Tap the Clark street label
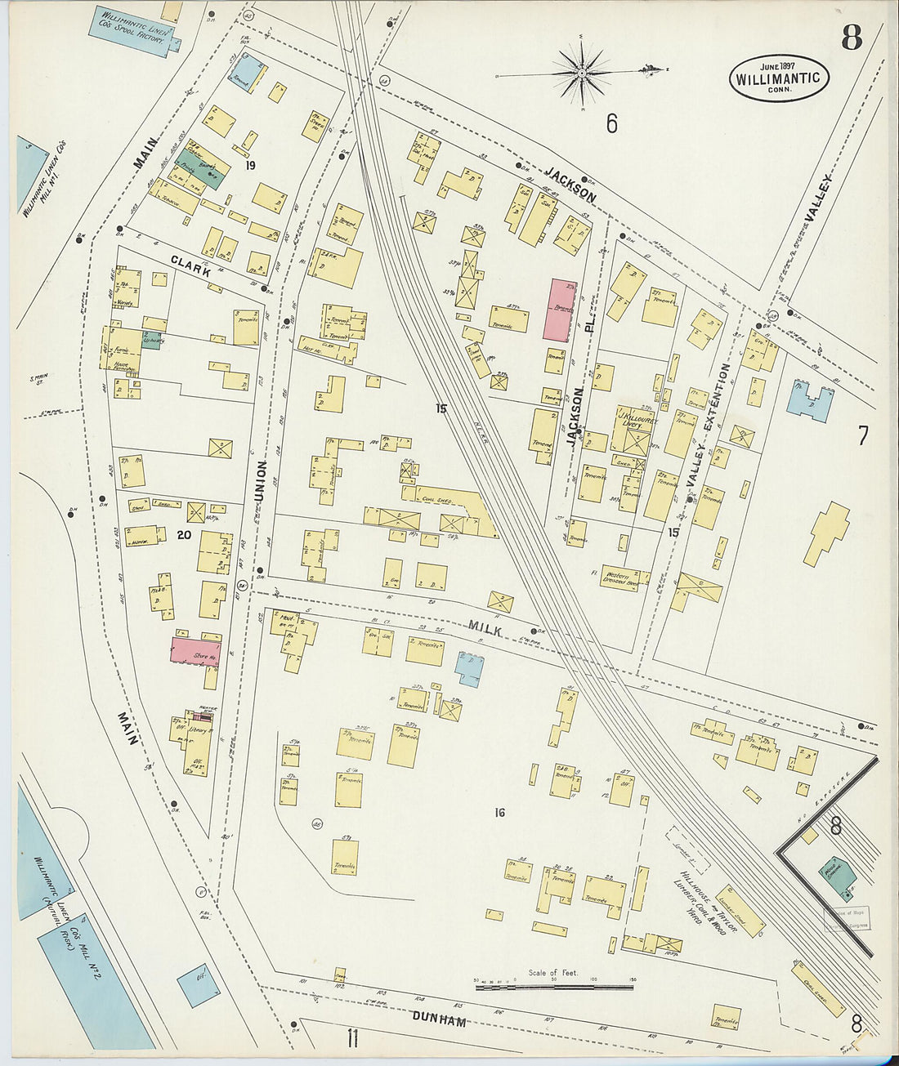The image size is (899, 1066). [190, 264]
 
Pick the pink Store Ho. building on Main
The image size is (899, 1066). [195, 652]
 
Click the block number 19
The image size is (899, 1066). [250, 166]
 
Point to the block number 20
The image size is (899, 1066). [183, 535]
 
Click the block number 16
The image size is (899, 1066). [500, 812]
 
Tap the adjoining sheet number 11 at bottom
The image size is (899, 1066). [352, 1038]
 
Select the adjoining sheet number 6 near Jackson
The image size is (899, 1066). [611, 123]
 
